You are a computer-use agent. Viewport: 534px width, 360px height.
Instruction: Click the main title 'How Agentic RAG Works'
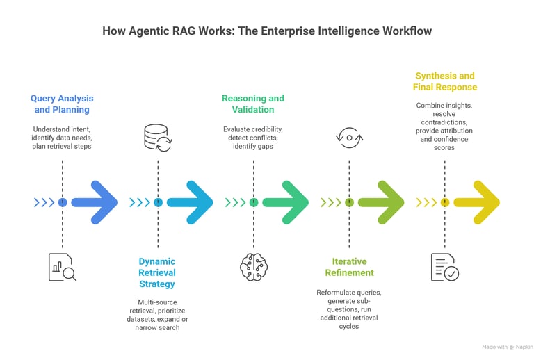(x=267, y=31)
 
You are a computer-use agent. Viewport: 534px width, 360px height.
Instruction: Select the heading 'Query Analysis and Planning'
(x=62, y=104)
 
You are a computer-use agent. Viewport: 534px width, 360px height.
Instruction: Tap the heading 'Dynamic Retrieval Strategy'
(x=157, y=272)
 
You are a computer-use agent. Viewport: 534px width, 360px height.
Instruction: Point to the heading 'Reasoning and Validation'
(x=253, y=104)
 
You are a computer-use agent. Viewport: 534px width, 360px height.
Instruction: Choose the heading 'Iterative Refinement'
(x=349, y=267)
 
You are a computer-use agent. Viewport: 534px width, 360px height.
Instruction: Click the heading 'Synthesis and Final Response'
(x=445, y=81)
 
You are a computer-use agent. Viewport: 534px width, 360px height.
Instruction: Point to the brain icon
(x=253, y=267)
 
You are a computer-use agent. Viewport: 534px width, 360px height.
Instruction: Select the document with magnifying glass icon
(x=62, y=267)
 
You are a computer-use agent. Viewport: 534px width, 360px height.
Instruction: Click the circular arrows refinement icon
(x=349, y=138)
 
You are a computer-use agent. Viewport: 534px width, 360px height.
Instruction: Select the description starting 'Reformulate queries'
(x=349, y=309)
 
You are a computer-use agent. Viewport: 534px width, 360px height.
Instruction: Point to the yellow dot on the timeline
(x=444, y=202)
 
